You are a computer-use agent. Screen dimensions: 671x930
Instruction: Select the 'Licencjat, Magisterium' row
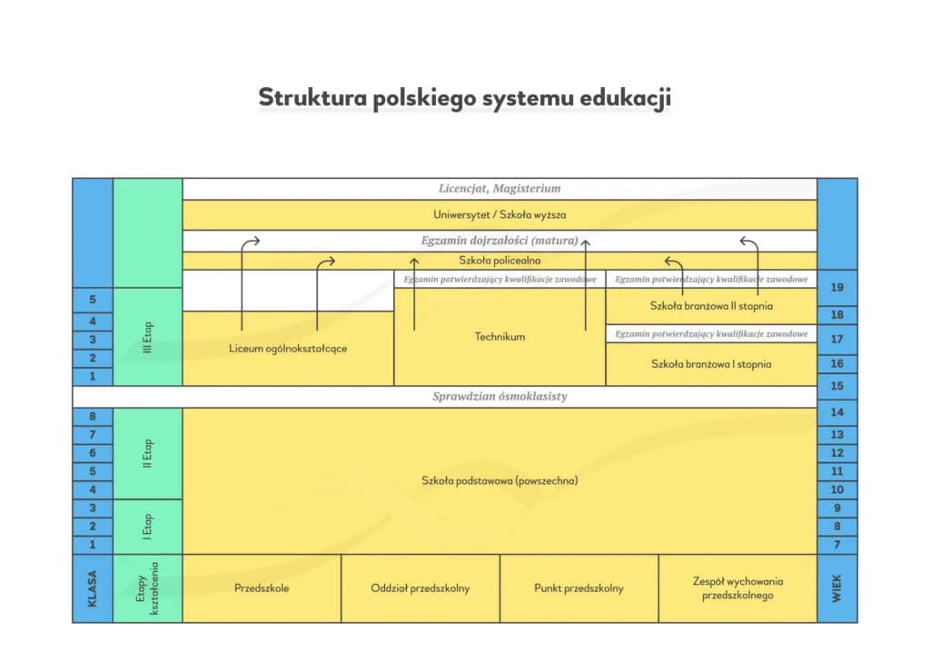(x=500, y=189)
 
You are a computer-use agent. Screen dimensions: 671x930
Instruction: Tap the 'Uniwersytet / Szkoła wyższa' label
(x=500, y=215)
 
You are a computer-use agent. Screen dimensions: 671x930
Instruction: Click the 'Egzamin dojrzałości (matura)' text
(x=500, y=242)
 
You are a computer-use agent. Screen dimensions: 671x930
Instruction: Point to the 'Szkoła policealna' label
(x=500, y=261)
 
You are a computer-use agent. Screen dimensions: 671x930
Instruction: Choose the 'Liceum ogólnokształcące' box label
(x=288, y=349)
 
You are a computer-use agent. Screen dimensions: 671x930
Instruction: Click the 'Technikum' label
(x=500, y=337)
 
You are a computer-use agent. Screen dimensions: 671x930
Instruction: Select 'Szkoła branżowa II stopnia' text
(x=711, y=306)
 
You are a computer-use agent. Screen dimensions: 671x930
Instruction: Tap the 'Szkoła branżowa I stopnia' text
(x=711, y=364)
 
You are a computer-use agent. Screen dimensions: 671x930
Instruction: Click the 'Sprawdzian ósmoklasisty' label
(x=500, y=397)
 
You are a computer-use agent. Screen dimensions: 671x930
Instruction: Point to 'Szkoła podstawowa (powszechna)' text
(x=500, y=481)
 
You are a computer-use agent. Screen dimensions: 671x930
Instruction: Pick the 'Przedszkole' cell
(x=262, y=588)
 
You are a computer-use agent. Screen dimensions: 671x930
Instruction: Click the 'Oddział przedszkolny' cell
(x=420, y=588)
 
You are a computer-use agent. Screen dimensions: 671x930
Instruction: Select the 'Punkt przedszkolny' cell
(x=579, y=588)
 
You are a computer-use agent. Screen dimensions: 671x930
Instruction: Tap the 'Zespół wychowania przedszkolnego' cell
(x=737, y=588)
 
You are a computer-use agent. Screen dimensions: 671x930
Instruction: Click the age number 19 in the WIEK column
(x=837, y=288)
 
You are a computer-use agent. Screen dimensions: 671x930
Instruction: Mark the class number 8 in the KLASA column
(x=93, y=418)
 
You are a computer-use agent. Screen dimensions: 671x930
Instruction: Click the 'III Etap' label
(x=148, y=337)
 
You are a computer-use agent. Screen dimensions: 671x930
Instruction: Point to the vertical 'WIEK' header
(x=837, y=588)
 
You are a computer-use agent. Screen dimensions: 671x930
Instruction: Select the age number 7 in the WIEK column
(x=837, y=546)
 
